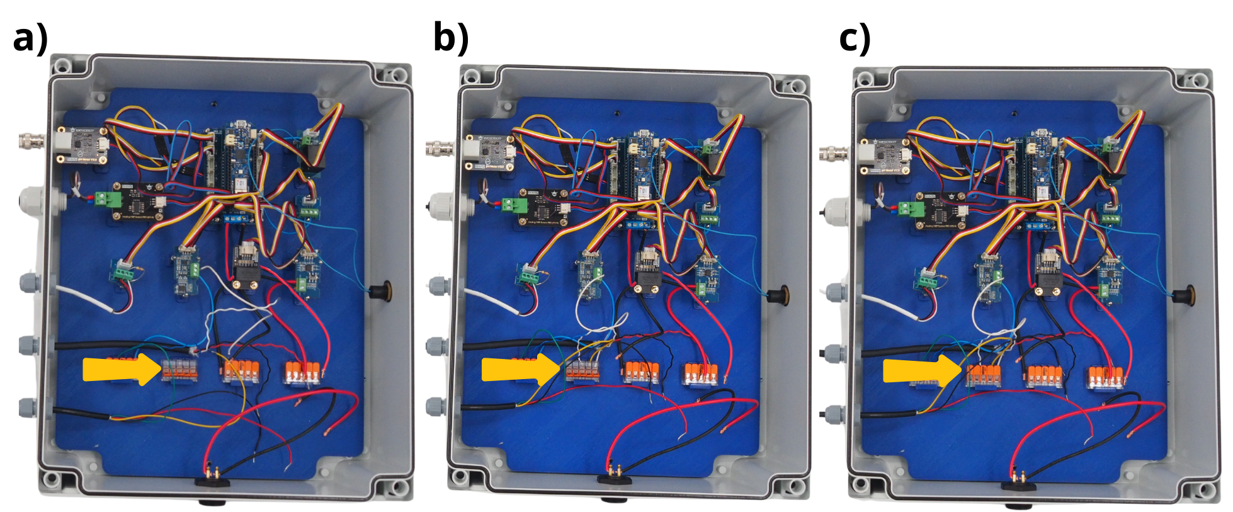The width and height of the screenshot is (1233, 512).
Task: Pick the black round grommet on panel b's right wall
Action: [780, 295]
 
